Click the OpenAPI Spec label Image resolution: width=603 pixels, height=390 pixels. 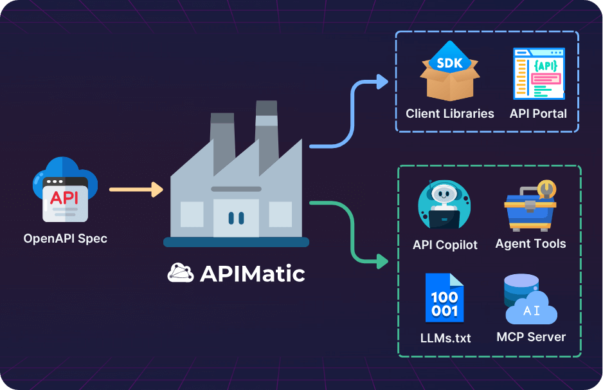65,238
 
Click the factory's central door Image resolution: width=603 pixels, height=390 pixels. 236,218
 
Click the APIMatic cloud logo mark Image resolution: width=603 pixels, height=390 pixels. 181,274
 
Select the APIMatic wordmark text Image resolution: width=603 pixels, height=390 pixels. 252,274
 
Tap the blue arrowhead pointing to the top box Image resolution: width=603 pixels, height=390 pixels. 382,82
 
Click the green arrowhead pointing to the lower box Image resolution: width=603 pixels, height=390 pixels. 382,261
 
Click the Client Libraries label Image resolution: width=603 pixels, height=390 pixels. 450,114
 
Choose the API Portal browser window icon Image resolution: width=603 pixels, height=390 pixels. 539,73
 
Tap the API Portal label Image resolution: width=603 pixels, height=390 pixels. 539,114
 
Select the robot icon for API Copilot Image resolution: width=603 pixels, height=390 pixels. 445,205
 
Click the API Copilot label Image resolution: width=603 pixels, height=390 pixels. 446,245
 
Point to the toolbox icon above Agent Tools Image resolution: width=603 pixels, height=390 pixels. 531,205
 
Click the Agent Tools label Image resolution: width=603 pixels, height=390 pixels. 531,244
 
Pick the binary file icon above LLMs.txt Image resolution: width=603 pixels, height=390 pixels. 445,297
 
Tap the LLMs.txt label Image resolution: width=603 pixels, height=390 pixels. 445,337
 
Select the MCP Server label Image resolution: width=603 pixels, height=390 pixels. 531,337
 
